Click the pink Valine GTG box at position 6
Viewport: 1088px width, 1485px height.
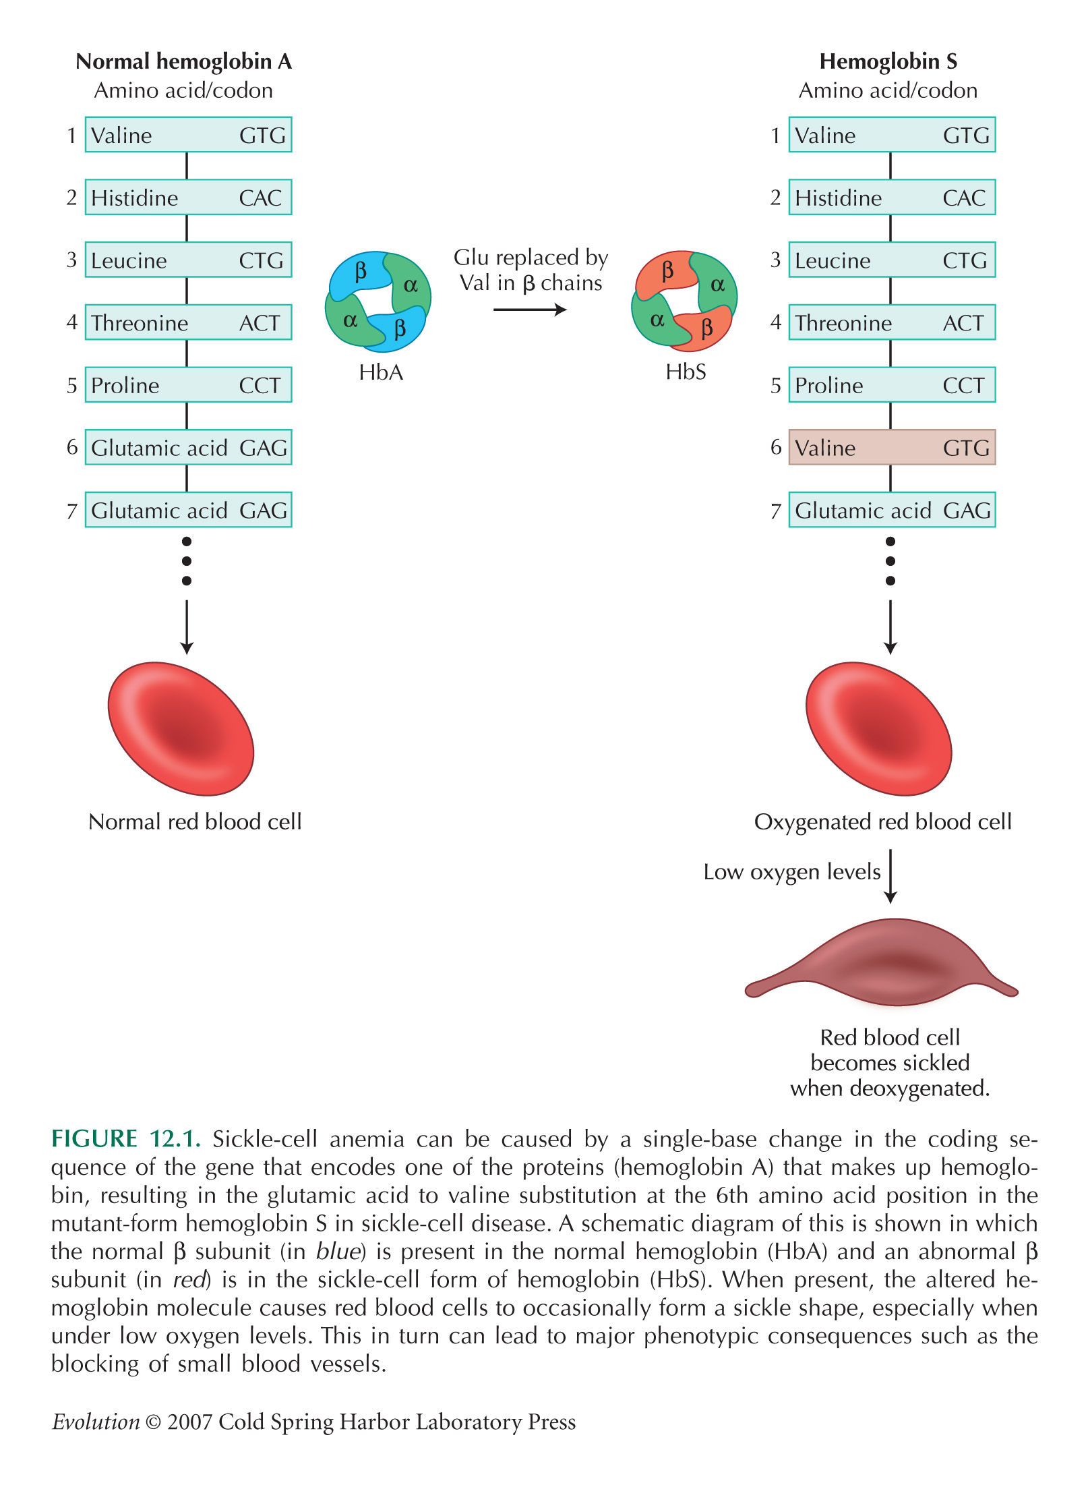point(892,447)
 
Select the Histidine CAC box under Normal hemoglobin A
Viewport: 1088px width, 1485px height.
point(188,197)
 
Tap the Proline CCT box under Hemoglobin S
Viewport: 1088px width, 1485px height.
point(892,384)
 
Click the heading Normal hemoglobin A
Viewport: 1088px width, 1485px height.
point(183,61)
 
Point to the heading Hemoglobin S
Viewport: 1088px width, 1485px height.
point(888,61)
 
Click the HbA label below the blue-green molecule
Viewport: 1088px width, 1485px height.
point(381,372)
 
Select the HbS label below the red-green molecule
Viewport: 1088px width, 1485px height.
point(686,372)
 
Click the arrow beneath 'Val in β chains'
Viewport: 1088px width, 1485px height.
point(530,310)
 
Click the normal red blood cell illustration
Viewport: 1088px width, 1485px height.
point(181,728)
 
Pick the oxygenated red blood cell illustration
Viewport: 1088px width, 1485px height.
point(878,728)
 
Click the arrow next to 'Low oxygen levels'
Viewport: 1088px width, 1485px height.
point(890,876)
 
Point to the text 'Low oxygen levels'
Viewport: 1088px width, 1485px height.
point(792,872)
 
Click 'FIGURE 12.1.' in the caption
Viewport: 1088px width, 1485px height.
point(127,1138)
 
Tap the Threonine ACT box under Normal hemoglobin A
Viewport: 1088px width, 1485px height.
point(188,322)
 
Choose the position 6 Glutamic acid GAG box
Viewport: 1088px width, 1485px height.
point(188,447)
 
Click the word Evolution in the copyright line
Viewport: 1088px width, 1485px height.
point(96,1422)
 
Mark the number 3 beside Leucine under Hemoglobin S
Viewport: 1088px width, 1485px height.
point(775,260)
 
